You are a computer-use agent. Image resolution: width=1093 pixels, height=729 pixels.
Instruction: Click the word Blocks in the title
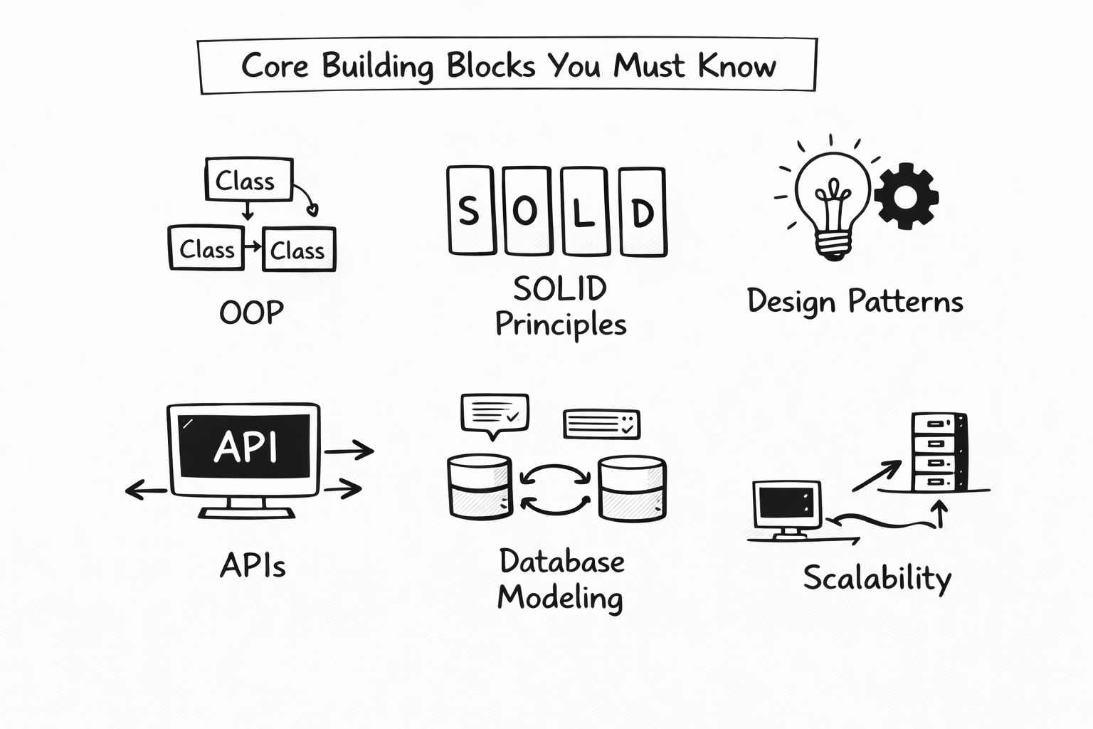490,65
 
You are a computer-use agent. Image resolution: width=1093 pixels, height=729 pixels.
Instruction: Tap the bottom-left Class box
206,248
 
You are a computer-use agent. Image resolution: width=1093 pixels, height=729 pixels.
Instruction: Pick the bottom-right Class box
298,249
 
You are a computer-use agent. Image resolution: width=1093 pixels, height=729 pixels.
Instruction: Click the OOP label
251,312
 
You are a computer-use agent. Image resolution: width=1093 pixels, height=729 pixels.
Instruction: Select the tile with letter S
470,211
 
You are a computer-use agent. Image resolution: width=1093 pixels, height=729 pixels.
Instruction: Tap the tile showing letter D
643,211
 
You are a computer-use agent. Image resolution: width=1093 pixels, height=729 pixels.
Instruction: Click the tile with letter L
584,211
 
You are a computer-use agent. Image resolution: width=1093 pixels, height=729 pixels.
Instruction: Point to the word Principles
561,325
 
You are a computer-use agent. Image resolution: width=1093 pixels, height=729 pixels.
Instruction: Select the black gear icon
906,196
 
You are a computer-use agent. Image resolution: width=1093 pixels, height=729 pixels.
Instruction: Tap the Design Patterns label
855,301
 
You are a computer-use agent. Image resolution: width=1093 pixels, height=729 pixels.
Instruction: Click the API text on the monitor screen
245,447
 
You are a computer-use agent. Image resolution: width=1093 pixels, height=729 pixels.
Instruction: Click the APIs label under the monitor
253,566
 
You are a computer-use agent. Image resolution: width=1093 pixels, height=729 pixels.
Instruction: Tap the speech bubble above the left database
495,414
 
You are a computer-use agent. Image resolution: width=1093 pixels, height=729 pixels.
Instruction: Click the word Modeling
560,597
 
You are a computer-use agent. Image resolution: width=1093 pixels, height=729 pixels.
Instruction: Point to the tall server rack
939,452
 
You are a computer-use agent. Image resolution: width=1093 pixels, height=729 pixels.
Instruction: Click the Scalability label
877,577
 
